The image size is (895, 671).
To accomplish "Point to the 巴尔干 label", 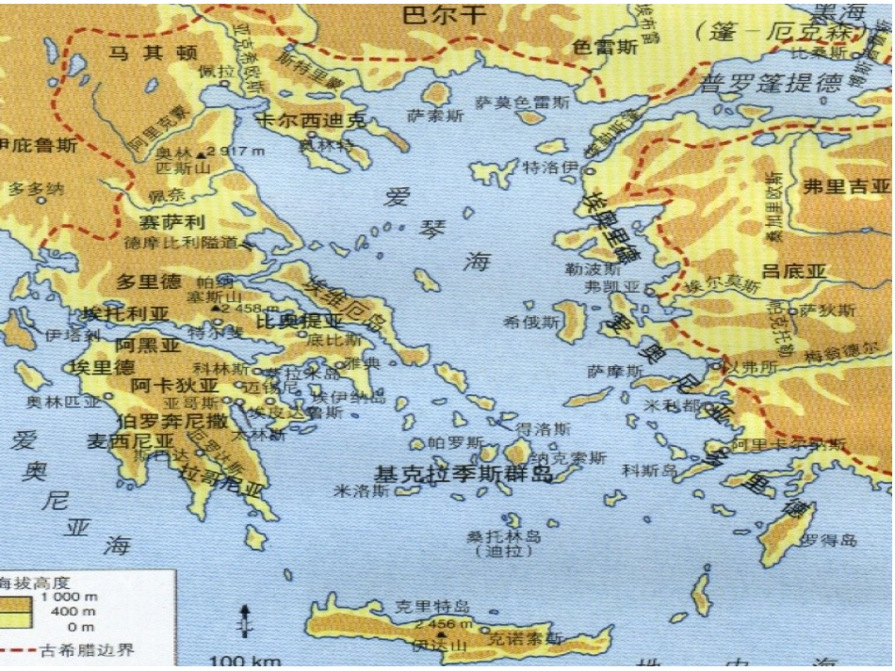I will (443, 14).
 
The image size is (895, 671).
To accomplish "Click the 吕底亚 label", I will (795, 272).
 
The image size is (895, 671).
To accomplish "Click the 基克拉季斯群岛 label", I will (464, 472).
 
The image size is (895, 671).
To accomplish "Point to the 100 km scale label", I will (240, 661).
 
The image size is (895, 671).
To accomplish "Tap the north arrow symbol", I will (245, 620).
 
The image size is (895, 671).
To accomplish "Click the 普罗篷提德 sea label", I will (770, 83).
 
